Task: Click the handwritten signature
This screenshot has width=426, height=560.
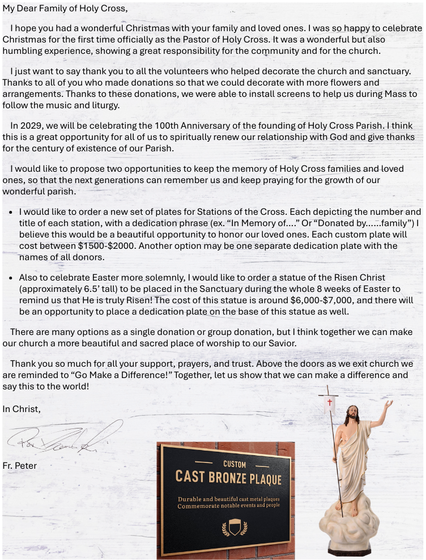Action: click(x=62, y=438)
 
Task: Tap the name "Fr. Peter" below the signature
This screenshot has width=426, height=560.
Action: click(x=20, y=466)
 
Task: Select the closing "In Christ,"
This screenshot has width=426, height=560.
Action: click(x=21, y=408)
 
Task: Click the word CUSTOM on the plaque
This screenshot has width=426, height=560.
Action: click(x=235, y=464)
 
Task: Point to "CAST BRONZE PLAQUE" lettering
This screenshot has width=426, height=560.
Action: click(x=228, y=477)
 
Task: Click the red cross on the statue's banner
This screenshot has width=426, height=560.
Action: click(x=330, y=402)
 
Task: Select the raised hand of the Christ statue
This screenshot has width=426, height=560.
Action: click(x=388, y=405)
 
